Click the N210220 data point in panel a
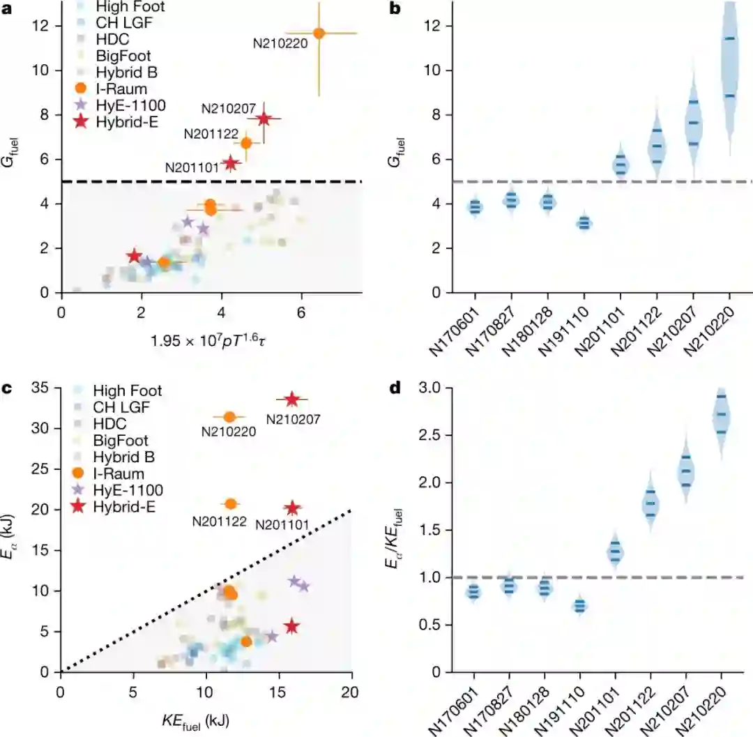pyautogui.click(x=319, y=33)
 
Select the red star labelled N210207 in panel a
pyautogui.click(x=264, y=119)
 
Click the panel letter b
pyautogui.click(x=394, y=10)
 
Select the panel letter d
pyautogui.click(x=394, y=388)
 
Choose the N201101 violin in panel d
pyautogui.click(x=616, y=552)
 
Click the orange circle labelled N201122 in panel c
pyautogui.click(x=231, y=503)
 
